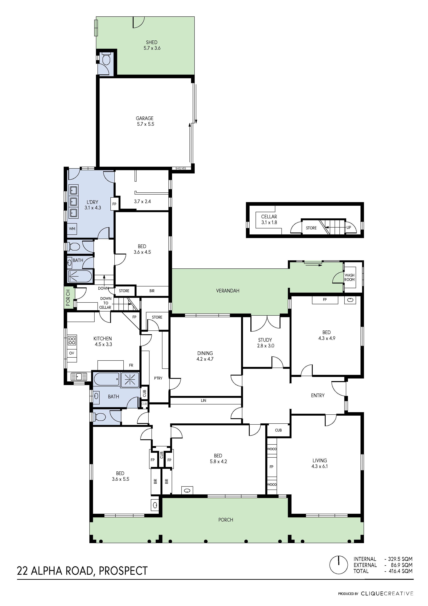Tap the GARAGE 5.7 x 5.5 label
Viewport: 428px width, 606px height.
click(x=145, y=121)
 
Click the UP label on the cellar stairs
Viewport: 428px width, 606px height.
click(x=349, y=228)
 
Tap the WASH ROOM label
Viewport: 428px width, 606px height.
click(x=349, y=277)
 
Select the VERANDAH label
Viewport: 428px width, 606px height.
click(x=228, y=291)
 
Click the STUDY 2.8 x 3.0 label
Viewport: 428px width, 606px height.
click(x=265, y=343)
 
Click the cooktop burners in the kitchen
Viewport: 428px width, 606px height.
click(x=72, y=340)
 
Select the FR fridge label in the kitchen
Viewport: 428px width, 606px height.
click(x=131, y=365)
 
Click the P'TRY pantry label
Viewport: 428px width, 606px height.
click(x=158, y=378)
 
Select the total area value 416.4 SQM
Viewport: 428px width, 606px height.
click(x=401, y=571)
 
